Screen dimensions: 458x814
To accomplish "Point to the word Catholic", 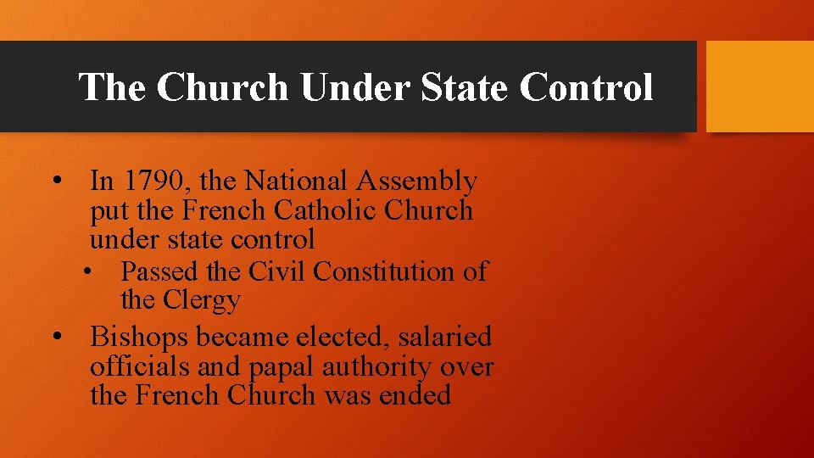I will coord(337,209).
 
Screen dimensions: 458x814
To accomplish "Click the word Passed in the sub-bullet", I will coord(160,271).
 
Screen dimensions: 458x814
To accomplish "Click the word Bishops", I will coord(140,338).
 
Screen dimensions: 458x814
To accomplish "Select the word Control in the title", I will coord(586,87).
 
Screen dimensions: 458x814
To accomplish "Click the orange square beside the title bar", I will coord(760,87).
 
